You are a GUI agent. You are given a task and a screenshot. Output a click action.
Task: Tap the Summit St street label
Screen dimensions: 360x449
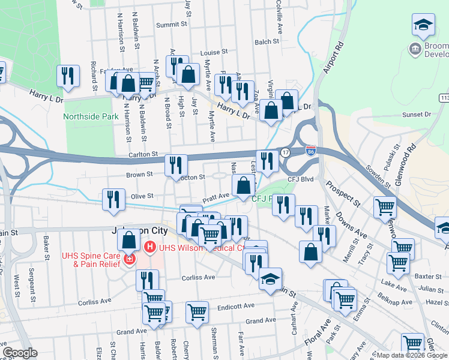pos(172,25)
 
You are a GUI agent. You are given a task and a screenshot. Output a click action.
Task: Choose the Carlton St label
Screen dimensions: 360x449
pos(143,154)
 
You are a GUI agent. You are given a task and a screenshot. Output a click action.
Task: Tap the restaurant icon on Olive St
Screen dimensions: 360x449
pos(113,199)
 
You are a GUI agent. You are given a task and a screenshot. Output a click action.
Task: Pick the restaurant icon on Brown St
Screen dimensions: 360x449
pos(175,164)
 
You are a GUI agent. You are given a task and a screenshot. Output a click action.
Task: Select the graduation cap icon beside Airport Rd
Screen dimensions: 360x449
pos(423,25)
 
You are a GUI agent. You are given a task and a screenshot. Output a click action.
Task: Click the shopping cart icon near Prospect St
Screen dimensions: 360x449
pos(385,207)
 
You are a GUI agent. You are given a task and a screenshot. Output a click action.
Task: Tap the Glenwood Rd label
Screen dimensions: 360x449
pos(406,161)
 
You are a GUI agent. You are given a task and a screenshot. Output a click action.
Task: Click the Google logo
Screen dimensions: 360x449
pos(20,353)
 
